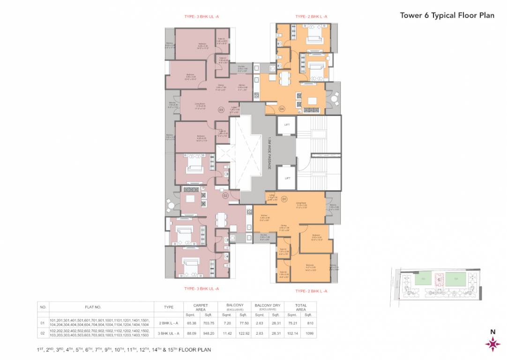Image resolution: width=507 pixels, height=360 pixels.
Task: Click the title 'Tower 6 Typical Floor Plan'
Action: [x=447, y=15]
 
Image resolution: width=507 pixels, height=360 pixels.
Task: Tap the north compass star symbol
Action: [x=492, y=344]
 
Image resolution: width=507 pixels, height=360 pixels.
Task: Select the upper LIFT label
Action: [x=287, y=125]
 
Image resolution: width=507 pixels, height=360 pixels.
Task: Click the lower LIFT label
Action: [x=287, y=178]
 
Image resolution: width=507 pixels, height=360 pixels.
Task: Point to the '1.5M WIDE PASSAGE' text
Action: [x=270, y=150]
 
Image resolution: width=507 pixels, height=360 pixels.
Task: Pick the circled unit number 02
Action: [x=225, y=195]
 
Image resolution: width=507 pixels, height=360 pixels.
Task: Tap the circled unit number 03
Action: [x=221, y=110]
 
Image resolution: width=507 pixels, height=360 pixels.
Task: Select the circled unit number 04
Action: [x=282, y=109]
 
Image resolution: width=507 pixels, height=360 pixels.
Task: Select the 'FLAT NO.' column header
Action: [x=93, y=307]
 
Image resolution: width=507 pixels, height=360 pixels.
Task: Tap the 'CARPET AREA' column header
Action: [x=201, y=307]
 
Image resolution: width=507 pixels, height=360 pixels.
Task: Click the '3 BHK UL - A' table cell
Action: [x=168, y=333]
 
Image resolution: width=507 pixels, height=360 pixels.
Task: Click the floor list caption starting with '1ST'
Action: [x=124, y=350]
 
